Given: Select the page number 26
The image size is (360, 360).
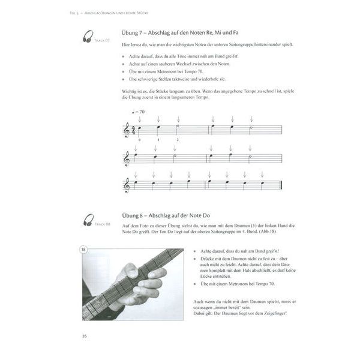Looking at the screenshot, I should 85,336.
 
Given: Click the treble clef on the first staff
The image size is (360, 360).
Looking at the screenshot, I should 127,130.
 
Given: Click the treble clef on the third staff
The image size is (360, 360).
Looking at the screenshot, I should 127,186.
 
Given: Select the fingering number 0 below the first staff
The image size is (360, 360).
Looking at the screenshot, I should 139,140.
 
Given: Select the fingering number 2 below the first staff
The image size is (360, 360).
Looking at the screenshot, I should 177,140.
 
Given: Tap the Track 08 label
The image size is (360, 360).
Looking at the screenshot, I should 101,224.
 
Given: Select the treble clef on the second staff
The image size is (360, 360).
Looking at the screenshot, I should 127,158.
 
